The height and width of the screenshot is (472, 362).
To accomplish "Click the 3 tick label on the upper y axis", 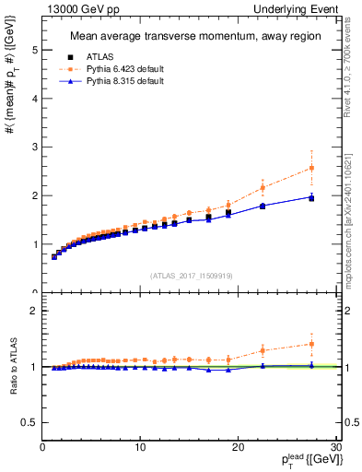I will coord(34,147).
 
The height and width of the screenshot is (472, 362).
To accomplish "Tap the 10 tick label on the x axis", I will coord(140,448).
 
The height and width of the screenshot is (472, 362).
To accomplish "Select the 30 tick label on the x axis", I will coord(335,448).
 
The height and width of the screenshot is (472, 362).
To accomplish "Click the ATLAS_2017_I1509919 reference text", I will coord(191,275).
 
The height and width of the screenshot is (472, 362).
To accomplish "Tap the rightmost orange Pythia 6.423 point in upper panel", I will coord(311,168).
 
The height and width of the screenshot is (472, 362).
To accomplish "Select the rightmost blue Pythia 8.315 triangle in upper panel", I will coord(311,196).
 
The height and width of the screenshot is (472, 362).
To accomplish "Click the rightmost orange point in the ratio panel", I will coord(311,344).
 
